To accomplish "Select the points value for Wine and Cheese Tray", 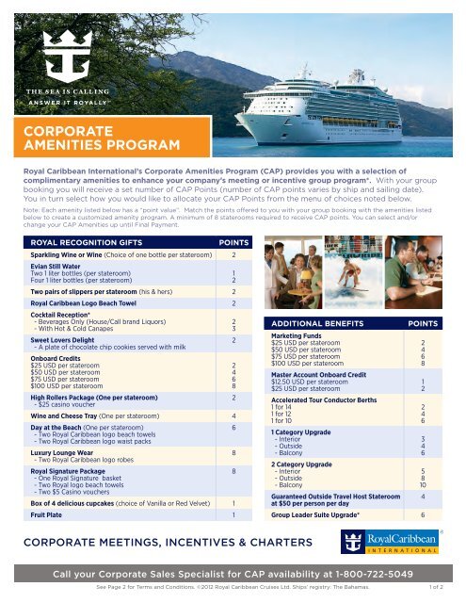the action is click(233, 413).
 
